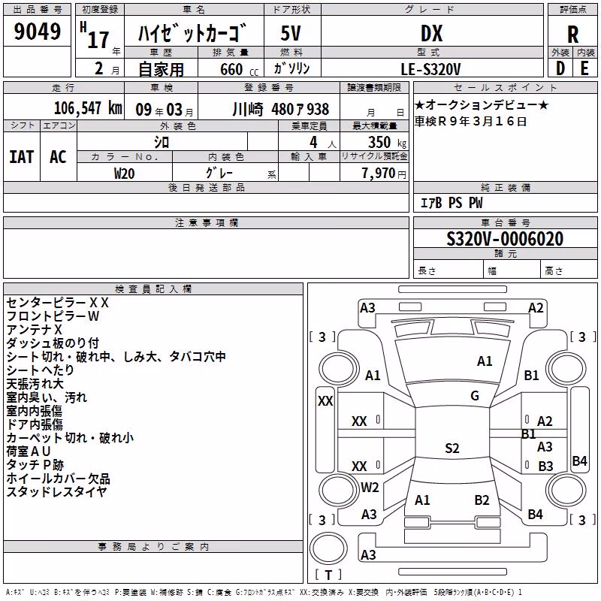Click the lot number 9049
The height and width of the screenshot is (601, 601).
[37, 31]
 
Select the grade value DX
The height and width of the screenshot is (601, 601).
[431, 33]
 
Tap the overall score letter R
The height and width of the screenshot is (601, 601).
[572, 35]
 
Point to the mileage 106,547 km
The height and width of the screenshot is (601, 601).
[88, 108]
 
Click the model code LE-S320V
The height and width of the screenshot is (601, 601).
[430, 69]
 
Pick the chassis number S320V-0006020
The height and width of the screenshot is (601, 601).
[505, 239]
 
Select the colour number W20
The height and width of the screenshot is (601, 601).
[124, 174]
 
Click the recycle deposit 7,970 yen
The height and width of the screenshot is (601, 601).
[384, 174]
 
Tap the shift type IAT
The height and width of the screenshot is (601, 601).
[22, 157]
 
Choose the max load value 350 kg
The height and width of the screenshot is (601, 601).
[387, 143]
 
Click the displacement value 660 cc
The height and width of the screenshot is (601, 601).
[240, 70]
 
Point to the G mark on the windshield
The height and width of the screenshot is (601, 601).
[475, 396]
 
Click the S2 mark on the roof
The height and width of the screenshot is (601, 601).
[452, 448]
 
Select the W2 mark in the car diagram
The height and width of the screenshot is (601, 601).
[370, 488]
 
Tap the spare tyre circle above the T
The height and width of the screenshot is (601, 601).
[328, 548]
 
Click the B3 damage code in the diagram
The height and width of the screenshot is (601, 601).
[545, 466]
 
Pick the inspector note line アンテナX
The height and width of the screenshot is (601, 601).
[34, 330]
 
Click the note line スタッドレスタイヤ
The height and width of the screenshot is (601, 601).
[56, 492]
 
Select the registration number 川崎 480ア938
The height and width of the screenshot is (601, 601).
[280, 110]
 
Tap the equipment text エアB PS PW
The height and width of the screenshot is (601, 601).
[452, 203]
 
